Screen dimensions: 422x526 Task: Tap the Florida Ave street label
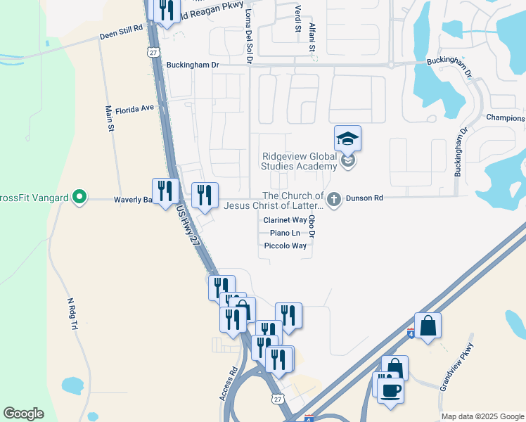134,109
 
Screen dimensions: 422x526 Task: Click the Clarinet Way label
285,220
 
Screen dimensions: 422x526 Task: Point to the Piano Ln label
285,233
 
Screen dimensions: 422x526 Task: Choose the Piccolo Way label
285,246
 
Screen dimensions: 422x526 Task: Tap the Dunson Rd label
364,199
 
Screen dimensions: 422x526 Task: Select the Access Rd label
229,383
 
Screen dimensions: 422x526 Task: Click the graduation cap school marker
347,139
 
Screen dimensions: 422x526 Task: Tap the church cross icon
334,200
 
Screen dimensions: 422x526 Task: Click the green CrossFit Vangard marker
80,198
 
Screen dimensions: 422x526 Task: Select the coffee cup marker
391,389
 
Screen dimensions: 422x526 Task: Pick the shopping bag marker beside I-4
428,326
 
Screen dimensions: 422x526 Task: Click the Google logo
23,414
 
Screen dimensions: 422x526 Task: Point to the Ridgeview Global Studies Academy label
300,162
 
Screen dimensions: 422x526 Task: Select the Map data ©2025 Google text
482,416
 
